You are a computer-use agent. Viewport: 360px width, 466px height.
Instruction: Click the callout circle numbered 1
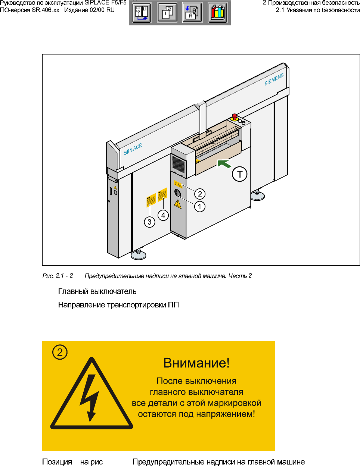click(x=200, y=206)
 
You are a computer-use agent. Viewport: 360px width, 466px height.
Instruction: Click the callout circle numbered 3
click(x=149, y=222)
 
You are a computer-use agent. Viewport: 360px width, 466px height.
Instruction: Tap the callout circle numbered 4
click(x=163, y=215)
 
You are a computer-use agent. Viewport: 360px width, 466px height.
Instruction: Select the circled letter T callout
click(x=240, y=174)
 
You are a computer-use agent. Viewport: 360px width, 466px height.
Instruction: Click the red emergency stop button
click(x=235, y=116)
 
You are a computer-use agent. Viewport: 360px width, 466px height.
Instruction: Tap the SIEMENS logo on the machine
click(x=274, y=79)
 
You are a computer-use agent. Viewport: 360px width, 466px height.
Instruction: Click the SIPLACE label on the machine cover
click(x=133, y=149)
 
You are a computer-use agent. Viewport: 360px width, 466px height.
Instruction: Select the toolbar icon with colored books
click(x=218, y=13)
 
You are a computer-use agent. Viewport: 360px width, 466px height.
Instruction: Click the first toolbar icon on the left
click(x=142, y=13)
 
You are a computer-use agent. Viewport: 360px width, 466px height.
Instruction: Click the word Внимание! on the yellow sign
click(x=196, y=363)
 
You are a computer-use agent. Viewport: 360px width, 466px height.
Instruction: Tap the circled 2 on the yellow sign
click(x=60, y=352)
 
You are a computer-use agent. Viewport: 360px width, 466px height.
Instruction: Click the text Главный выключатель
click(x=97, y=292)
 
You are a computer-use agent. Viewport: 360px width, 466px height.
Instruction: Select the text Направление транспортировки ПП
click(x=118, y=305)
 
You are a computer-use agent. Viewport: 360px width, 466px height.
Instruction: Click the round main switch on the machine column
click(x=177, y=193)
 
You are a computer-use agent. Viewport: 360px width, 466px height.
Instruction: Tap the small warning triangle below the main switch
click(x=178, y=204)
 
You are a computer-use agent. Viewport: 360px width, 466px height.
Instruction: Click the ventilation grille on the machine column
click(x=178, y=164)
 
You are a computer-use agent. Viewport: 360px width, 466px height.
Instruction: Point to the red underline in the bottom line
click(x=117, y=465)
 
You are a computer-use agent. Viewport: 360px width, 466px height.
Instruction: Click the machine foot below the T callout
click(x=257, y=195)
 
